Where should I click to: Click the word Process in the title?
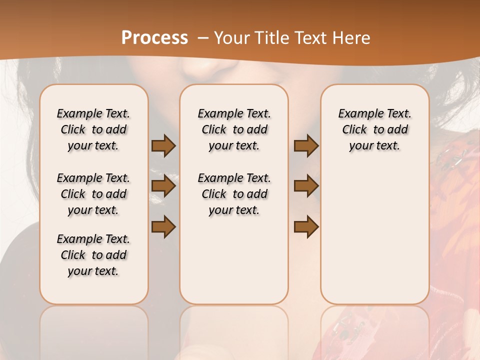154,38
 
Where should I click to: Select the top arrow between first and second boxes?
163,146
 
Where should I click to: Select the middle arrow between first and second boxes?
163,186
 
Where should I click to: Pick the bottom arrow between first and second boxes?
163,227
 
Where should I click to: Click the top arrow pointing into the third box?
306,146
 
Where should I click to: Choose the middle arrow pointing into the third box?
306,186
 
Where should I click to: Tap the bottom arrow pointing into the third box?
306,227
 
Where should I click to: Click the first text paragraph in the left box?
93,129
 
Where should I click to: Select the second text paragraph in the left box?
93,194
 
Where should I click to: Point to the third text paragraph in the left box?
93,255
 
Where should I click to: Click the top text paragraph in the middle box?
234,129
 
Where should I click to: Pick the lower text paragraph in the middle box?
234,194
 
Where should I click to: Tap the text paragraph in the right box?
374,129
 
